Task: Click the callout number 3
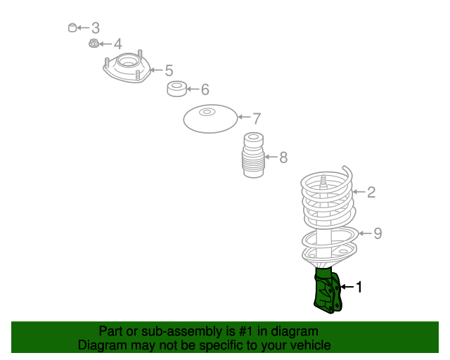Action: (96, 28)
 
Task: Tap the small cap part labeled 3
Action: (72, 27)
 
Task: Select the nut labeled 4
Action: (94, 44)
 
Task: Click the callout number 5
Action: (169, 70)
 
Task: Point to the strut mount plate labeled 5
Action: (127, 67)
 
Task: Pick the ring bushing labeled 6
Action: (176, 89)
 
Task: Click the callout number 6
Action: (205, 89)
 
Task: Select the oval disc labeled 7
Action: (211, 119)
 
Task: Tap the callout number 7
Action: (257, 119)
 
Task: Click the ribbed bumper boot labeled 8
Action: (253, 155)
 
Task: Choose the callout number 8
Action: (283, 157)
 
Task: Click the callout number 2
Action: (371, 192)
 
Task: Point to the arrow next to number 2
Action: (359, 192)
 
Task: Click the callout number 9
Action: (378, 233)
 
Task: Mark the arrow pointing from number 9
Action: (365, 233)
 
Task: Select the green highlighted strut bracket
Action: (327, 290)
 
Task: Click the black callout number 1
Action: (359, 287)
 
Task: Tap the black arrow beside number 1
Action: (347, 287)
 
